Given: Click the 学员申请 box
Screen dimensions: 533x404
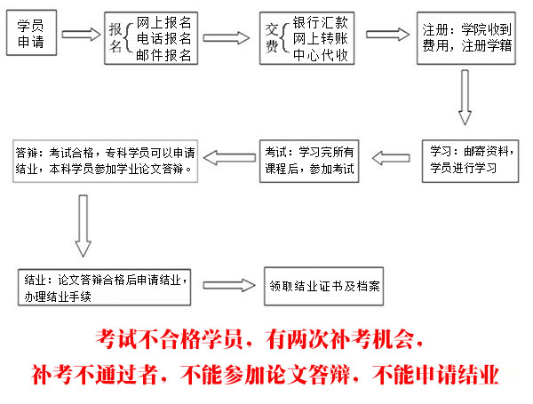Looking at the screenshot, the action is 32,33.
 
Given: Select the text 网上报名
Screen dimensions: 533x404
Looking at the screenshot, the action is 163,22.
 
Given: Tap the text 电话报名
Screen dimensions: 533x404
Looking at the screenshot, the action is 163,38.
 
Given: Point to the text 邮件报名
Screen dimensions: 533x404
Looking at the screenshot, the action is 163,55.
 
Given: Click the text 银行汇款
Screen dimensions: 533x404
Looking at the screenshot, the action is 320,22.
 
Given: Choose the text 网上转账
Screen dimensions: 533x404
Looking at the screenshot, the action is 320,38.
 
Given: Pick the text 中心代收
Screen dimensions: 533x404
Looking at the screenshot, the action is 320,55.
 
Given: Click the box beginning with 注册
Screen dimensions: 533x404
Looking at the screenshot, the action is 466,38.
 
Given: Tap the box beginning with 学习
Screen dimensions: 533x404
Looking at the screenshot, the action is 471,161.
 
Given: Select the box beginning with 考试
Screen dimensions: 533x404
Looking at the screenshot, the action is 309,161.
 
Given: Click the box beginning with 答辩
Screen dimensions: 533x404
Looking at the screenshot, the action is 106,161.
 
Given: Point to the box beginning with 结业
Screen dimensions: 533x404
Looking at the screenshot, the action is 104,288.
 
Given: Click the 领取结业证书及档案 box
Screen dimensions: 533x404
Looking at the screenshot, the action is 324,286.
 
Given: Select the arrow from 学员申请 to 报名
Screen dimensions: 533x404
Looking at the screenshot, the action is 81,35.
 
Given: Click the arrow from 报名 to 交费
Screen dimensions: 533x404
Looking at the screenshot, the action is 226,37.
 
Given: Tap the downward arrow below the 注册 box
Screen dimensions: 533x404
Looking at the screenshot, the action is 465,98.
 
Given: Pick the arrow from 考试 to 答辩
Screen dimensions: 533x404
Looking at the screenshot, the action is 229,158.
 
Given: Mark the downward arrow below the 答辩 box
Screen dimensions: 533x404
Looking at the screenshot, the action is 83,226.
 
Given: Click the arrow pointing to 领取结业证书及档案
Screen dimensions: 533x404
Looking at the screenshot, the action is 229,285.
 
